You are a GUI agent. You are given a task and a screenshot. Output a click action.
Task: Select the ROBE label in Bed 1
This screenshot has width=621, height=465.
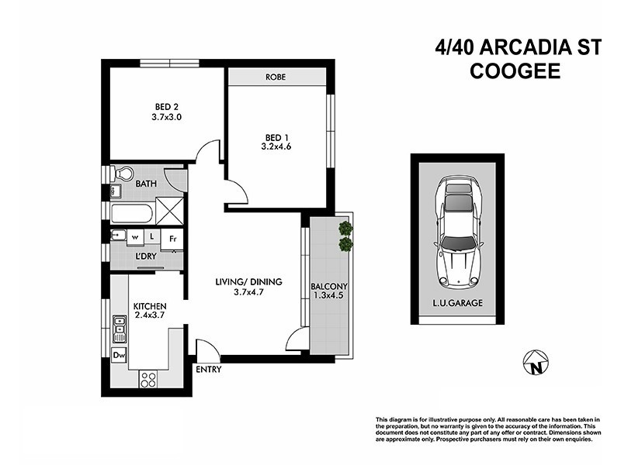[x=276, y=77]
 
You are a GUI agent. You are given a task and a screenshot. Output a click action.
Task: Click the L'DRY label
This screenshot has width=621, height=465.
[x=147, y=257]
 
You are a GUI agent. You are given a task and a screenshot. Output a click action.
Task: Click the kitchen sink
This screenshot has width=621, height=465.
[x=119, y=329]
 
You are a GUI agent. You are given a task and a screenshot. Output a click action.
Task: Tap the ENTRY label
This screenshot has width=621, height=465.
[x=209, y=370]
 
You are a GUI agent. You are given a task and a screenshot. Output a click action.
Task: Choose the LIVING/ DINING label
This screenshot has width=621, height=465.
[x=248, y=281]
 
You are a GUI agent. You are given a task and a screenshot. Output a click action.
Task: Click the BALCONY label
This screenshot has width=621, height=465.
[x=328, y=284]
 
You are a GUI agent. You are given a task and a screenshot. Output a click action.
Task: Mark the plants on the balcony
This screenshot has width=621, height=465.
[x=345, y=236]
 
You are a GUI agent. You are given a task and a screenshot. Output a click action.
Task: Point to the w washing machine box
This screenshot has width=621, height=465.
[x=135, y=236]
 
